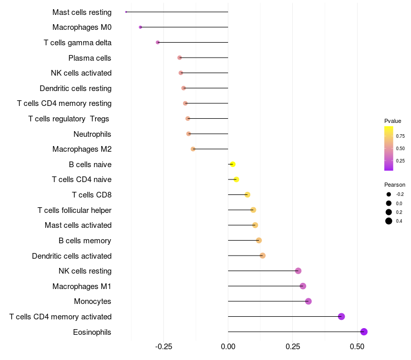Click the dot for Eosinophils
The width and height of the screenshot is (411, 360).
click(x=364, y=332)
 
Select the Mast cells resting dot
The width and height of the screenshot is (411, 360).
click(x=126, y=12)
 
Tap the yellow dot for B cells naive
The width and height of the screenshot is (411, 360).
click(x=233, y=164)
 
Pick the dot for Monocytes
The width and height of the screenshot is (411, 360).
click(x=308, y=301)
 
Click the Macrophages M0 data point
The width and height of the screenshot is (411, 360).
click(x=140, y=27)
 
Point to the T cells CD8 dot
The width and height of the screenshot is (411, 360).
click(x=248, y=195)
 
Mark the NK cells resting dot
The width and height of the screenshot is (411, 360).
click(x=298, y=271)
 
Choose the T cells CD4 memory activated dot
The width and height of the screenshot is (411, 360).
click(x=341, y=316)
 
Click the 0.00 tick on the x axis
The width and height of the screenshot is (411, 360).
click(x=228, y=347)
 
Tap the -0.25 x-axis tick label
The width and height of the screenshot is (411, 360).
click(x=163, y=347)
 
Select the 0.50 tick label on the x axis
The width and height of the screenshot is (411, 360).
click(x=357, y=347)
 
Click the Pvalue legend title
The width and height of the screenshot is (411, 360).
click(x=393, y=121)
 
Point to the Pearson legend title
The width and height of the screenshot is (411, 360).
click(x=395, y=185)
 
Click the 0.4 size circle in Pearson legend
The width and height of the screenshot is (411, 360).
click(x=389, y=221)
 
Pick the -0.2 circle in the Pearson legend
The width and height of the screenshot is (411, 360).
click(x=389, y=194)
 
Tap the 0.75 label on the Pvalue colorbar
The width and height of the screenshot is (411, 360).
click(x=400, y=136)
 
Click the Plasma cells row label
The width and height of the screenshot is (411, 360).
click(x=89, y=58)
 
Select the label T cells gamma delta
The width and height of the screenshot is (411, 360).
click(x=78, y=43)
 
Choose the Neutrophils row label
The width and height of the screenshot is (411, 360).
click(x=92, y=134)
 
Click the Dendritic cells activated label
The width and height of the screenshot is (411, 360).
click(x=72, y=256)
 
